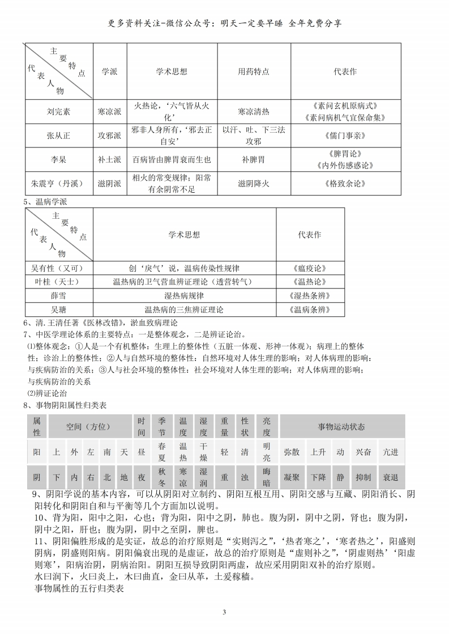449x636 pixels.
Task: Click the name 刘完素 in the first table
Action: (59, 112)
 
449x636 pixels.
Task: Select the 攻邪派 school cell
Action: (109, 136)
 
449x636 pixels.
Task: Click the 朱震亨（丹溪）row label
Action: (59, 184)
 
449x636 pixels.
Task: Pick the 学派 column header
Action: (109, 72)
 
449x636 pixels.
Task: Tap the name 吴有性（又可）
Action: (59, 268)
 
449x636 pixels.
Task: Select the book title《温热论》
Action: (310, 282)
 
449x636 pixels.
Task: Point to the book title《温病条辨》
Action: (310, 310)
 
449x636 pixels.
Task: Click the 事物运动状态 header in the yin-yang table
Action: (342, 426)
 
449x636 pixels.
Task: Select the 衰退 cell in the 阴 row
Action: (391, 478)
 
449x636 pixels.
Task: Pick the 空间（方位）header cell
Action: (90, 426)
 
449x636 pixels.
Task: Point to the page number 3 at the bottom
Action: (224, 613)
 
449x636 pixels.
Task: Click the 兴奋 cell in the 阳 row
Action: (364, 452)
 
